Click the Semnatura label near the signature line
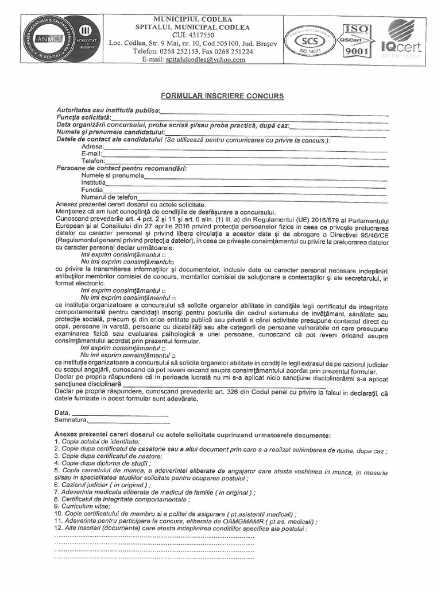click(x=70, y=420)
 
